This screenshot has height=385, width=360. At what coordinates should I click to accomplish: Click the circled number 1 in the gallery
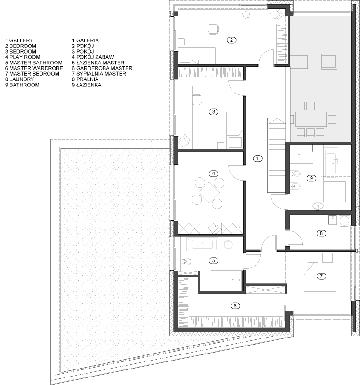click(x=257, y=158)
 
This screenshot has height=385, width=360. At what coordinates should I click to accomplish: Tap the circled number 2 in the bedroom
click(x=231, y=40)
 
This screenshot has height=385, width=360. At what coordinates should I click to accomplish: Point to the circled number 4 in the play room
click(x=215, y=173)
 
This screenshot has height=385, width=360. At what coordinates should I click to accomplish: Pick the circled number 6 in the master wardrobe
click(x=234, y=306)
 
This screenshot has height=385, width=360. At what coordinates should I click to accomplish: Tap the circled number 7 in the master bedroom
click(x=321, y=276)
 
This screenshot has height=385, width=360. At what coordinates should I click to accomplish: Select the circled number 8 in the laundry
click(x=321, y=233)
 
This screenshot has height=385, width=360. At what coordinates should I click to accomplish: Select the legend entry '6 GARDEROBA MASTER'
click(x=102, y=68)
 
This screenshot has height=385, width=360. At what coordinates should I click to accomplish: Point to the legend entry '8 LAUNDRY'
click(x=20, y=79)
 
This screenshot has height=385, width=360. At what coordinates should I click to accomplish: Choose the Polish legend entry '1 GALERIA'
click(x=85, y=40)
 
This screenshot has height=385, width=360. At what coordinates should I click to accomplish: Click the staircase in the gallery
click(x=276, y=155)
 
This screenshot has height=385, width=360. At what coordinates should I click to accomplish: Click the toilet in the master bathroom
click(x=185, y=261)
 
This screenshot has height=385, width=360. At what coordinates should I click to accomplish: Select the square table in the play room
click(x=208, y=192)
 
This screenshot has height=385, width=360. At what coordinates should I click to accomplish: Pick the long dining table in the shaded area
click(x=311, y=118)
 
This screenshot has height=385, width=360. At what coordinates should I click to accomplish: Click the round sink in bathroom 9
click(x=319, y=205)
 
